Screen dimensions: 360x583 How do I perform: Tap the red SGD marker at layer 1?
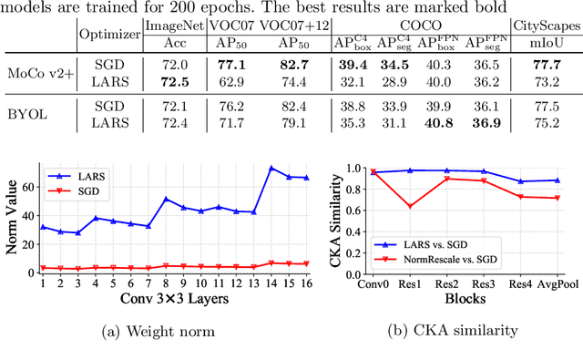coord(42,268)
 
